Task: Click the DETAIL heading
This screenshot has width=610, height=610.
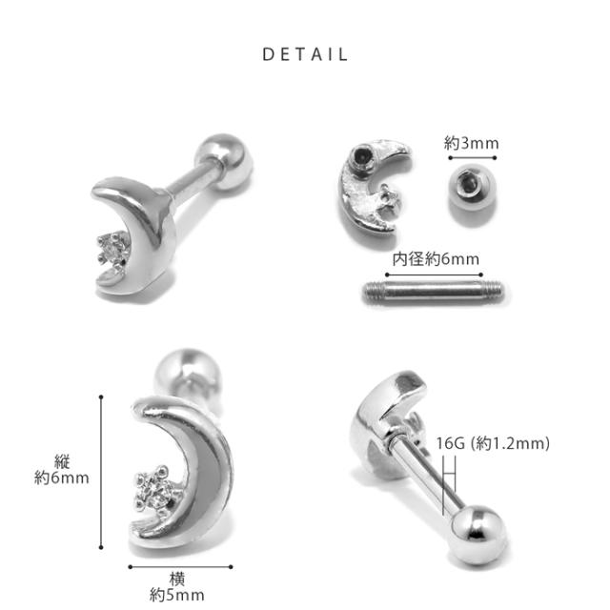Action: [305, 54]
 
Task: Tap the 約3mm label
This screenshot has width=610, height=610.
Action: [472, 143]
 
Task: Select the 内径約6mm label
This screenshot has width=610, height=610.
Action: [436, 259]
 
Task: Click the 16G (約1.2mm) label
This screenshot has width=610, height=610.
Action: [493, 443]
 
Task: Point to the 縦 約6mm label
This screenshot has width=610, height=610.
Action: [61, 470]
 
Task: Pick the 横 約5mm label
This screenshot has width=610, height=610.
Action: [176, 587]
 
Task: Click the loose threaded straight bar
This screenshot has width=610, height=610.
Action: [434, 292]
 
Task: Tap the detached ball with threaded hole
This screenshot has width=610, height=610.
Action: [472, 189]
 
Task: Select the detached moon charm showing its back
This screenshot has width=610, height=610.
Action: [374, 186]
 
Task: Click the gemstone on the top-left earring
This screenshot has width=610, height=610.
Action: [112, 248]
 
